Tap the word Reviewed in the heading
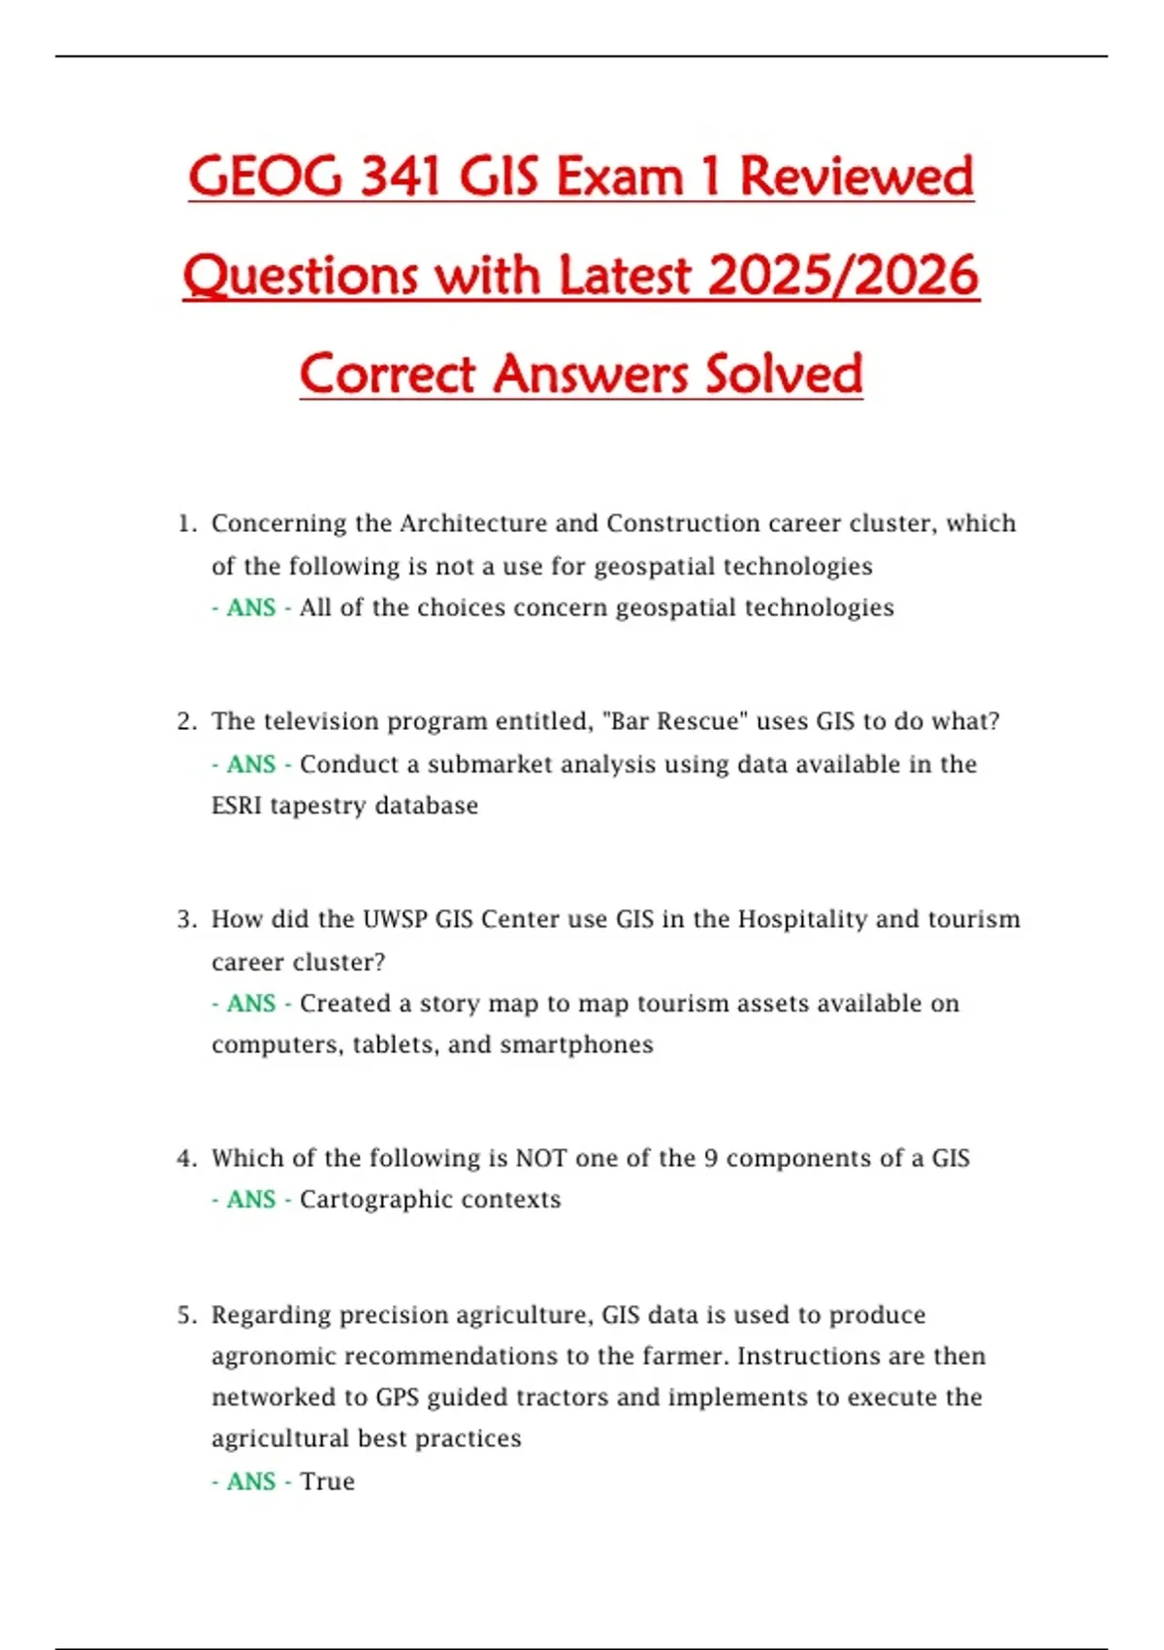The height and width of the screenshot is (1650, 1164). click(x=857, y=177)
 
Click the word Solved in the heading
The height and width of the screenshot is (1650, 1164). click(x=784, y=375)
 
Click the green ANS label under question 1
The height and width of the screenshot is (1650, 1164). click(x=251, y=608)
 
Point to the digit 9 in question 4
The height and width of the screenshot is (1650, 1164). click(x=711, y=1158)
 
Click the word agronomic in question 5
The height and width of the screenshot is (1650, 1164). click(x=274, y=1356)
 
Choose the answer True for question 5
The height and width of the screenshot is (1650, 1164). click(x=327, y=1482)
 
